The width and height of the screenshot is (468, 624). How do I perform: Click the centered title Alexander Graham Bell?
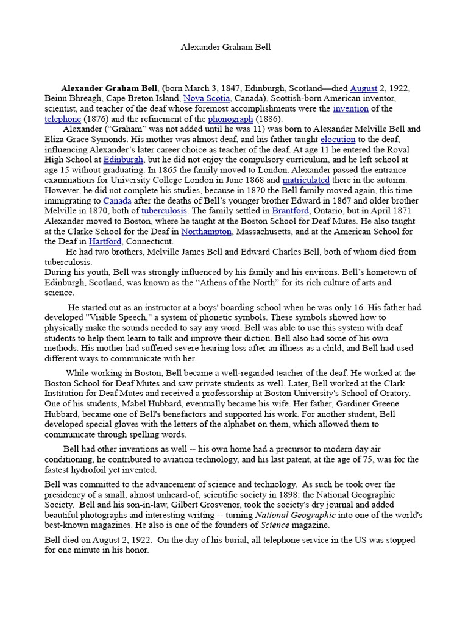pos(225,47)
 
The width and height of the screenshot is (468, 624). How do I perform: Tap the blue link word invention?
pos(350,108)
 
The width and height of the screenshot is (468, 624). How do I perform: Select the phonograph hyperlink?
pos(230,119)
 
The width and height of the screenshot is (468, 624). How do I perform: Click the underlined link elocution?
pos(338,140)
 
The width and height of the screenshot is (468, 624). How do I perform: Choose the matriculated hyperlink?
pos(306,180)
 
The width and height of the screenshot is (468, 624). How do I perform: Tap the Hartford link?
pos(105,242)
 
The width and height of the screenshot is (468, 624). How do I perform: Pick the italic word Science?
pos(275,525)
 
